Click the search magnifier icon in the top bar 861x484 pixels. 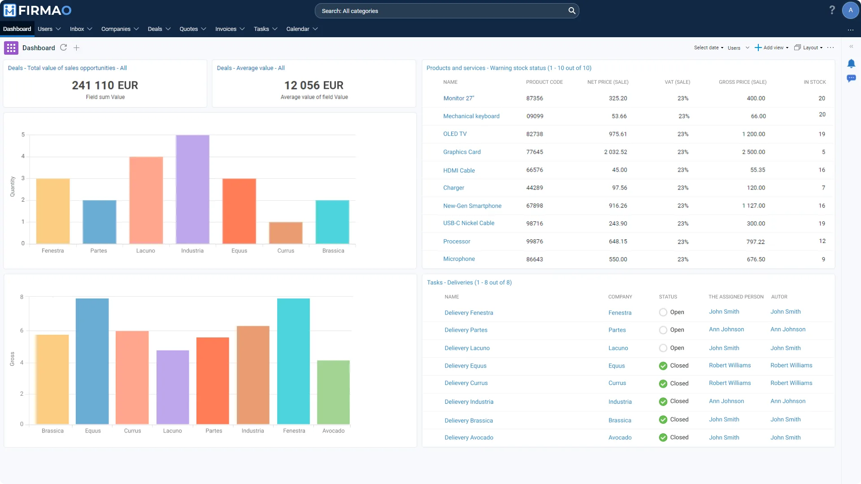click(x=572, y=11)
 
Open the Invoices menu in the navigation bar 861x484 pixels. click(x=230, y=29)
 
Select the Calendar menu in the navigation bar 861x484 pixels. click(x=302, y=29)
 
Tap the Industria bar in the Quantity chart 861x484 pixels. click(x=192, y=190)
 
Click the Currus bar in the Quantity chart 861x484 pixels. click(x=286, y=233)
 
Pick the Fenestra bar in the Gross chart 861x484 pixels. click(x=293, y=361)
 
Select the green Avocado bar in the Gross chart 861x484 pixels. click(x=333, y=392)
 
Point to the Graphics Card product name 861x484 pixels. click(x=462, y=152)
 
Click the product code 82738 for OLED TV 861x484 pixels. click(x=535, y=134)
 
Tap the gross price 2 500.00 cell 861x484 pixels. click(x=753, y=152)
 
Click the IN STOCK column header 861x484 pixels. click(x=814, y=82)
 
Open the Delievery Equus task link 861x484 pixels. click(x=465, y=366)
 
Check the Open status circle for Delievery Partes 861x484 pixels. click(x=663, y=330)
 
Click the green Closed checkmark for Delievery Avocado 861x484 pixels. click(x=663, y=437)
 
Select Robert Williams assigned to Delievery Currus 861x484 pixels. click(x=730, y=383)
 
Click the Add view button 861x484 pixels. click(x=771, y=48)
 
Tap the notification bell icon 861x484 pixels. click(x=851, y=64)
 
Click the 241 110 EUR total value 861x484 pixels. click(x=105, y=85)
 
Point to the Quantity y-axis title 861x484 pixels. click(x=13, y=186)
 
